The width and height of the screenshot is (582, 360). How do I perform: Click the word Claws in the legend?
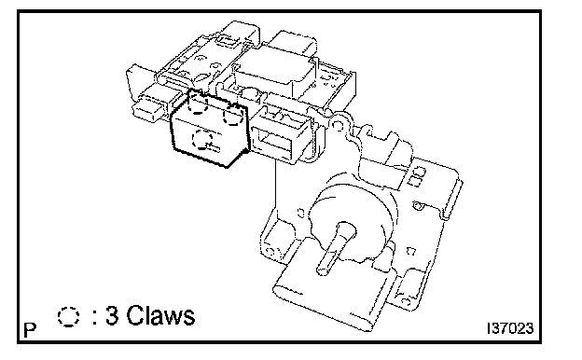point(160,316)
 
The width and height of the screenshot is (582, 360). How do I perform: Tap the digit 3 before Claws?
point(112,316)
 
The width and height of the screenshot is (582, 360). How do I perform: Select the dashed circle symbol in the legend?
point(68,316)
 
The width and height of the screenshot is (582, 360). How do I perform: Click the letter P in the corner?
point(31,329)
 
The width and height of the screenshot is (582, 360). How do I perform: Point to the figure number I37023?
point(510,328)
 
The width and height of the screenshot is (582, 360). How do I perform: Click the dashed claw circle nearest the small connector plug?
point(198,102)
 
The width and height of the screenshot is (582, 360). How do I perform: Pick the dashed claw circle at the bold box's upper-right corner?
point(233,115)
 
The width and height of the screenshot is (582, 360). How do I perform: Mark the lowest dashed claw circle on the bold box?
point(202,139)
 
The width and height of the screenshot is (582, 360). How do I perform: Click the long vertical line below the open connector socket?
point(275,185)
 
